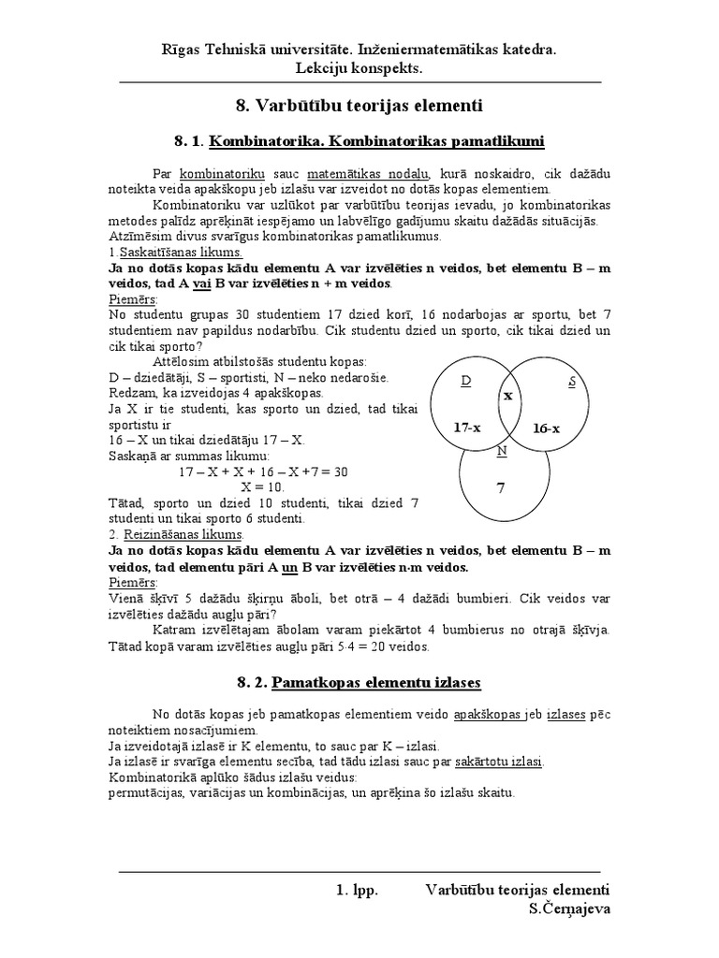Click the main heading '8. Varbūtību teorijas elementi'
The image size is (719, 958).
click(x=359, y=106)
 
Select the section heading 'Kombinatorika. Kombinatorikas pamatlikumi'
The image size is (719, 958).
click(x=376, y=141)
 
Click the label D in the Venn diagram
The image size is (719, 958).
click(x=466, y=382)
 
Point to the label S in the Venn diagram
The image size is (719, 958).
click(x=573, y=382)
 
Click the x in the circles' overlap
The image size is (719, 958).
click(x=509, y=396)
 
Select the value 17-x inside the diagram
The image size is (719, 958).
click(x=467, y=427)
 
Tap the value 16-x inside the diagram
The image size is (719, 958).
click(x=546, y=428)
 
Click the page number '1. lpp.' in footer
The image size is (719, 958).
click(x=357, y=891)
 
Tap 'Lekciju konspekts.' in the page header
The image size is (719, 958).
click(x=359, y=67)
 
